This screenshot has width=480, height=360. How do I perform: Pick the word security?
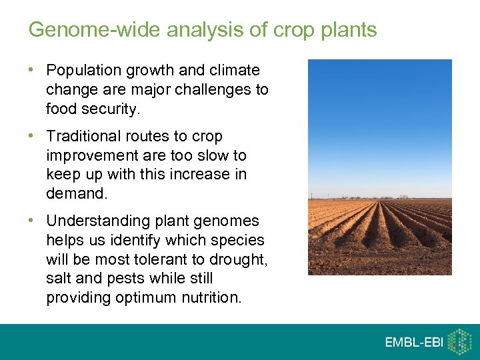point(112,109)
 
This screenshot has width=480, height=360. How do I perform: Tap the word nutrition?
point(211,298)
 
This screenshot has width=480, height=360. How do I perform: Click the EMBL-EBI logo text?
point(414,342)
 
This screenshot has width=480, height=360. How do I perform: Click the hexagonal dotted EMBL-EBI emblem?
point(459,341)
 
